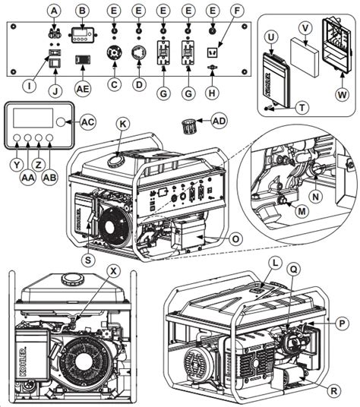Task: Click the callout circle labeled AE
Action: click(x=83, y=89)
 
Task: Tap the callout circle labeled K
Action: click(x=122, y=124)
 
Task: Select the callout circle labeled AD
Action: click(x=219, y=121)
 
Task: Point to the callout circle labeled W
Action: click(x=342, y=94)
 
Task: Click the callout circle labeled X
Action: click(x=113, y=271)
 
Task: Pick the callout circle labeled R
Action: click(x=333, y=390)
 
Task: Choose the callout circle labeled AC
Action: click(x=88, y=122)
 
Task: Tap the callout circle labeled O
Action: click(x=235, y=238)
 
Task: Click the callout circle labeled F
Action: click(x=237, y=11)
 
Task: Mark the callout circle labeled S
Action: click(x=88, y=260)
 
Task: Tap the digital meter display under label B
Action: click(x=83, y=35)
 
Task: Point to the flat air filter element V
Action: click(x=305, y=57)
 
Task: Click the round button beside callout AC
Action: click(x=61, y=122)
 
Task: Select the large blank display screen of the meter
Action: click(x=33, y=118)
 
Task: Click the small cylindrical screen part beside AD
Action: click(x=188, y=126)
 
